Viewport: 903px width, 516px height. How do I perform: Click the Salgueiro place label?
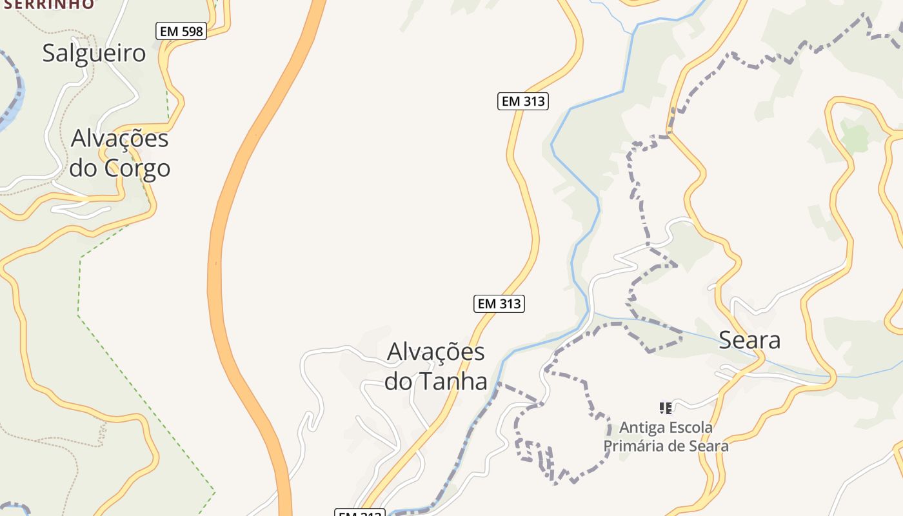tap(94, 53)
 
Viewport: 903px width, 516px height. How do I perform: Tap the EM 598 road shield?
tap(181, 30)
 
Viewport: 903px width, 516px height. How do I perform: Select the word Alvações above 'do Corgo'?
tap(120, 139)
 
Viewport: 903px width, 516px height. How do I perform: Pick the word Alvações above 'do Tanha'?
tap(436, 352)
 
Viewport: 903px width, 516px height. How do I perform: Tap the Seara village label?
tap(749, 340)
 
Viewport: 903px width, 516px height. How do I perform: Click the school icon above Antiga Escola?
tap(666, 408)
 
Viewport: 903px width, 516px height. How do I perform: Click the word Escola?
tap(690, 427)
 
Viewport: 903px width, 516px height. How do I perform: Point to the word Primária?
tap(632, 446)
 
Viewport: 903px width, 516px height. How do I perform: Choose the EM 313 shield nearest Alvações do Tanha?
tap(499, 303)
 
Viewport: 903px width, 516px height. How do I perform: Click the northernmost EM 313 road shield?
tap(522, 101)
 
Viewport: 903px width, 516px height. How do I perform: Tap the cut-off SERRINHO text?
tap(49, 4)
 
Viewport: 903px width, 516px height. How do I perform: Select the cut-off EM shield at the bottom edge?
tap(360, 513)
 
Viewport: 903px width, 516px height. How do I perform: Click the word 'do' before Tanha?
tap(398, 381)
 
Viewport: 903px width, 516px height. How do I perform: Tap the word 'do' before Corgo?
tap(83, 168)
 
